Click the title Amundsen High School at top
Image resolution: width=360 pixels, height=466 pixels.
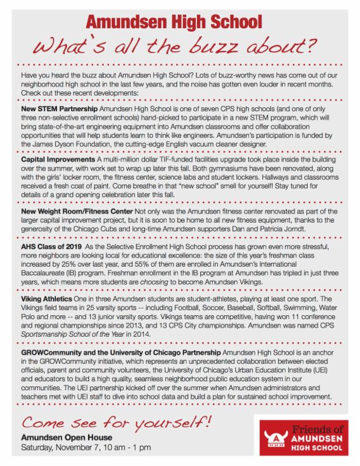(179, 23)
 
